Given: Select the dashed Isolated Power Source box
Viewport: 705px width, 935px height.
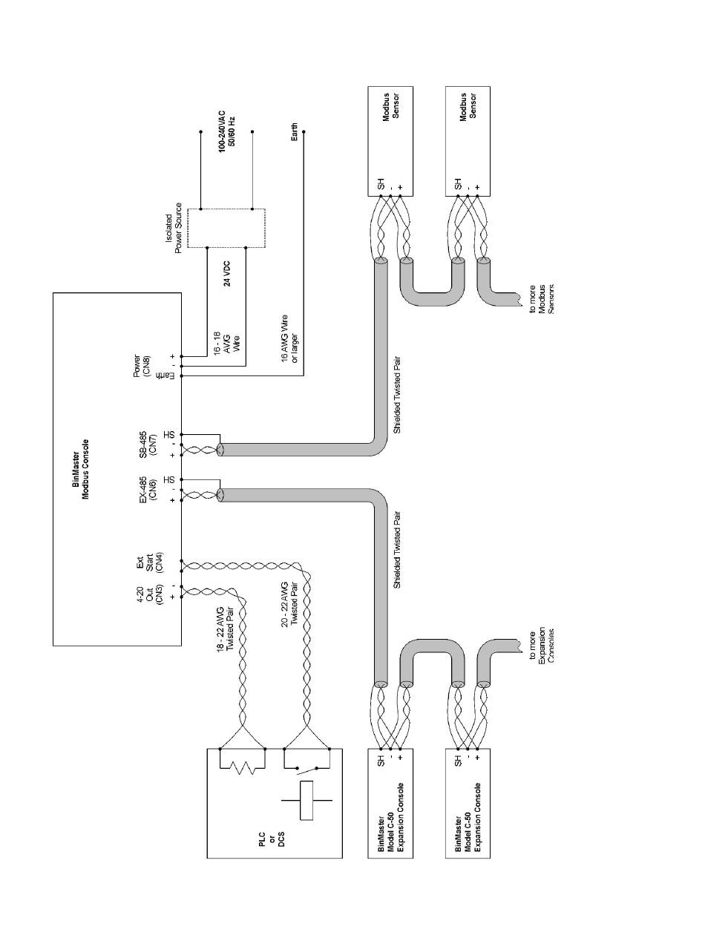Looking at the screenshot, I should [x=226, y=228].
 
